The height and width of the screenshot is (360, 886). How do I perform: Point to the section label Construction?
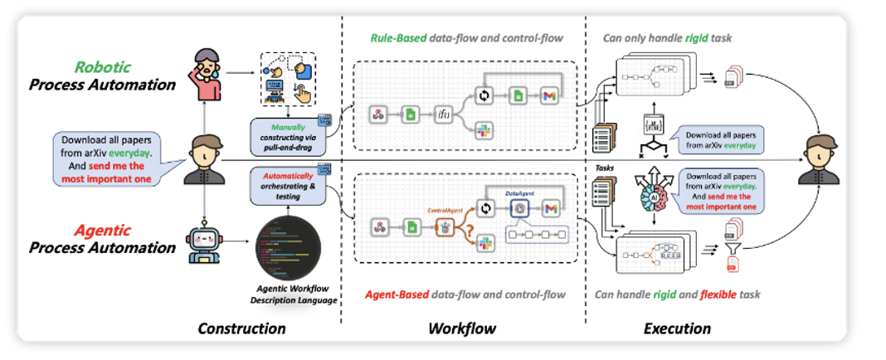pyautogui.click(x=241, y=328)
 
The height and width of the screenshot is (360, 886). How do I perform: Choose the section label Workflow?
pyautogui.click(x=461, y=328)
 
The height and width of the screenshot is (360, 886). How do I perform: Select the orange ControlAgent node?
pyautogui.click(x=443, y=226)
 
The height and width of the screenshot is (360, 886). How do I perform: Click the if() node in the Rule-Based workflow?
pyautogui.click(x=444, y=115)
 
